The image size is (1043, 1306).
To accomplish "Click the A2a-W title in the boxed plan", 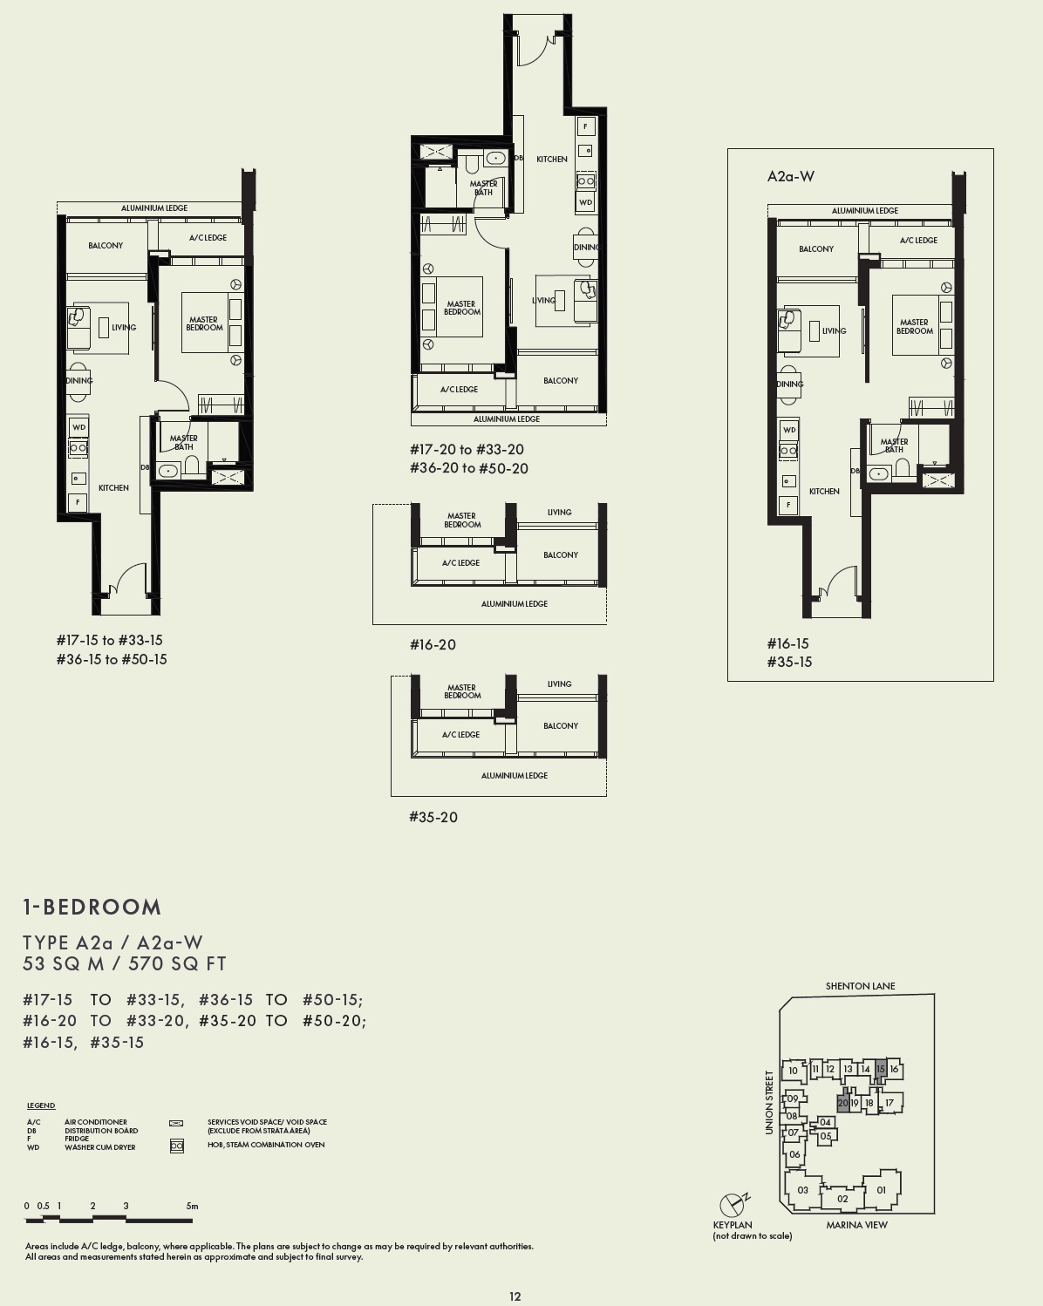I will coord(790,176).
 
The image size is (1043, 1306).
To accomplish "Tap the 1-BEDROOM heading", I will coord(92,907).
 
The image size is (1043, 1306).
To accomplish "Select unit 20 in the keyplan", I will coord(842,1103).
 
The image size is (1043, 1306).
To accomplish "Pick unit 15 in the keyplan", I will coord(881,1069).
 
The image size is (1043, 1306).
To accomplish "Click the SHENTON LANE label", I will coord(860,986).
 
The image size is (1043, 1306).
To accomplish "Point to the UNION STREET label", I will coord(769,1102).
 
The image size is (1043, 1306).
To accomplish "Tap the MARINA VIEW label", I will coord(856,1225).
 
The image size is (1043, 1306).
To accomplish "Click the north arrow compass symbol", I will coord(731,1206).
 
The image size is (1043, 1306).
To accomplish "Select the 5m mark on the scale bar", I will coord(192,1207).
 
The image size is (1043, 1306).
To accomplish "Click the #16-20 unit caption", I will coord(433,645).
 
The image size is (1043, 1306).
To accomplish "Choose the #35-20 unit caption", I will coord(433,817).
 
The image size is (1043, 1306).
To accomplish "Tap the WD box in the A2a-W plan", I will coord(789,430).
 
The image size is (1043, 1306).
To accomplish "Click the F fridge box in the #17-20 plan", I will coord(586,126).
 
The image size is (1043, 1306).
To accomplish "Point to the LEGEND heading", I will coord(41,1105).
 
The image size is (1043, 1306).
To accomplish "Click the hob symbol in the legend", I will coord(176,1146).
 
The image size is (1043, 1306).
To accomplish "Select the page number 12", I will coord(515,1296).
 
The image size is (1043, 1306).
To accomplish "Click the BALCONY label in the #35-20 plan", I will coord(560,725).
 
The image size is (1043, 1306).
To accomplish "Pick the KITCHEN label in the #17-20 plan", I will coord(551,160).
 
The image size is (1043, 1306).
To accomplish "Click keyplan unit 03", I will coord(802,1189).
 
